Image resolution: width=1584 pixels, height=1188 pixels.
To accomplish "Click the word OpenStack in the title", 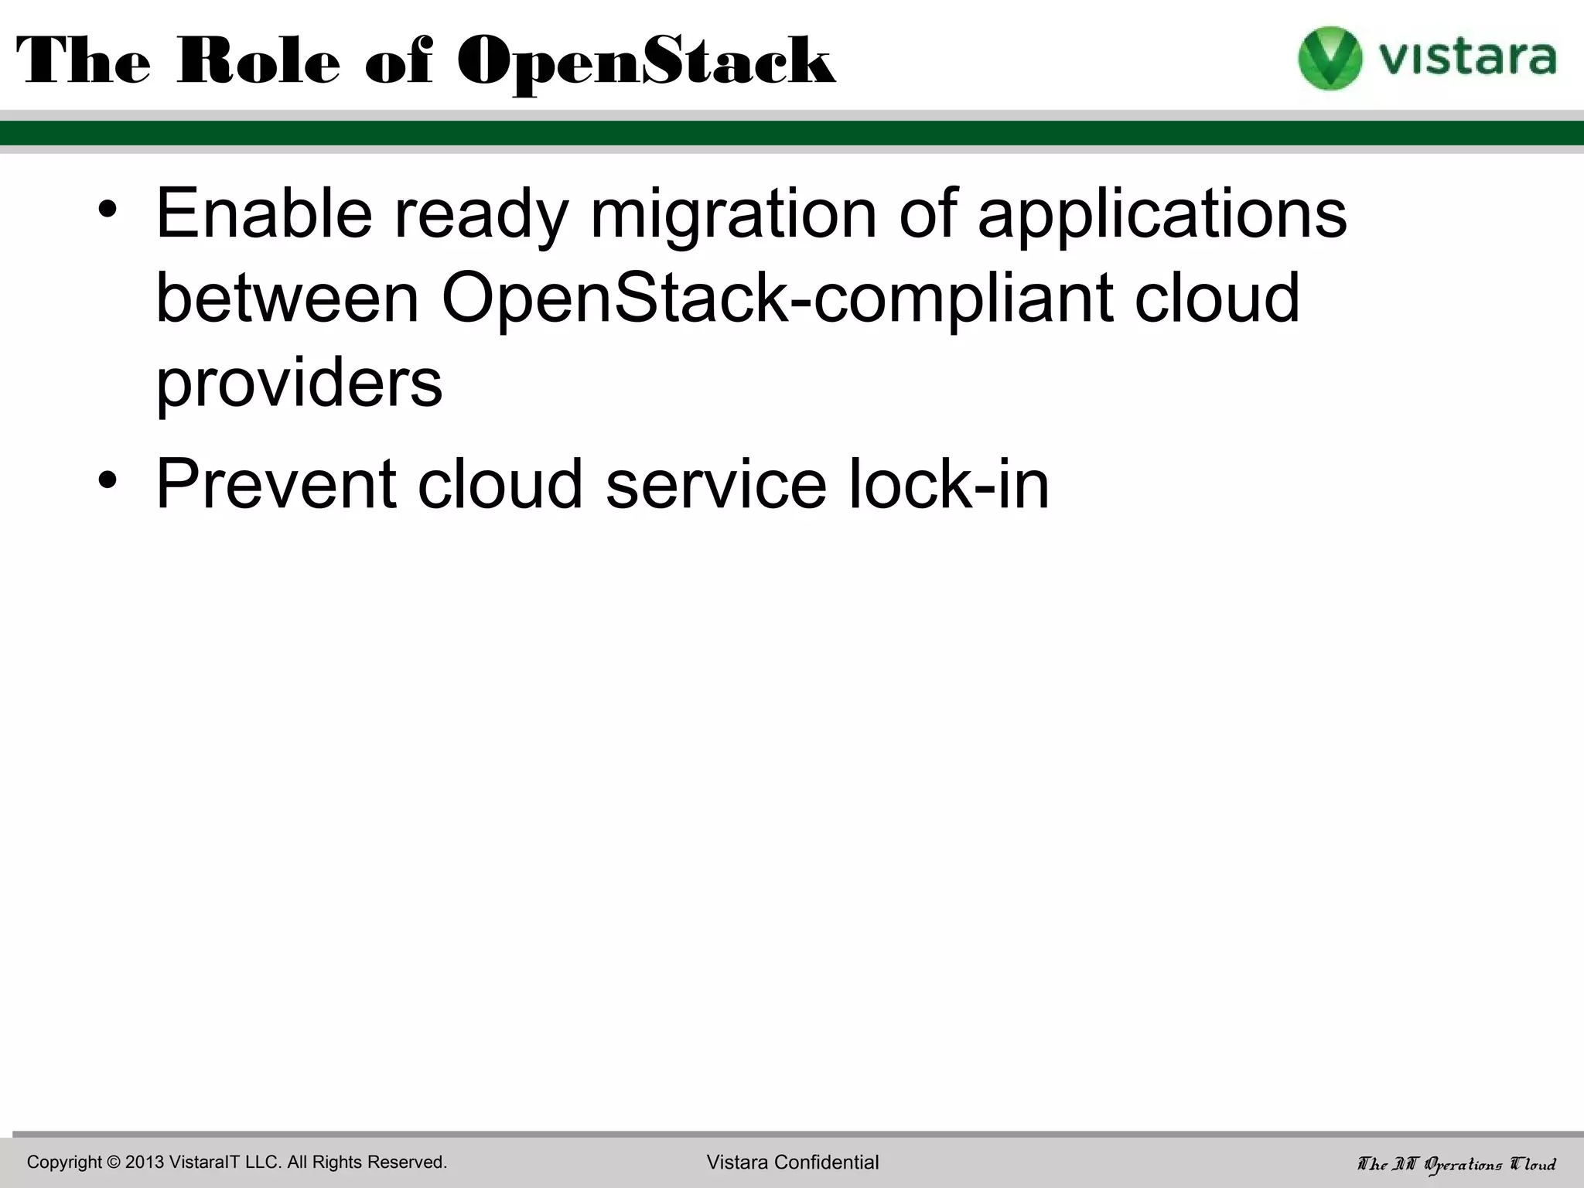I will click(646, 62).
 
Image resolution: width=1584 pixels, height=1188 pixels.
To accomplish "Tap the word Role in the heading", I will click(258, 62).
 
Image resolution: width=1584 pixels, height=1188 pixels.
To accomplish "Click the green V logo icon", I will click(1330, 58).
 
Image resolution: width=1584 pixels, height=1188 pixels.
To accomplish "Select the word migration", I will click(732, 215).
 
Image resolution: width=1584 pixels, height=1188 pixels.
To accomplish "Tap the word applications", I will click(1162, 215).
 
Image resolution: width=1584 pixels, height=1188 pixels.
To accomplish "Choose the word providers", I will click(299, 384).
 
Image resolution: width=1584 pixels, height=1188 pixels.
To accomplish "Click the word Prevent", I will click(276, 484).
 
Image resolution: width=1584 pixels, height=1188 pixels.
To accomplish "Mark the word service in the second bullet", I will click(716, 484).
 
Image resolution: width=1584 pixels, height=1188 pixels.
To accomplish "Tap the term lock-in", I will click(949, 484).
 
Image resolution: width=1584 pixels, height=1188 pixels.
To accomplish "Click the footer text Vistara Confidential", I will click(793, 1162).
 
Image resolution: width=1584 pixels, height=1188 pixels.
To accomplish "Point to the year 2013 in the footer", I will click(145, 1162).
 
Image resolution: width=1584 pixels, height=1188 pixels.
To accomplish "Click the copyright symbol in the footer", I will click(114, 1162).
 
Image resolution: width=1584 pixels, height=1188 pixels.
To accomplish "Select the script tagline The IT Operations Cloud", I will click(1457, 1164).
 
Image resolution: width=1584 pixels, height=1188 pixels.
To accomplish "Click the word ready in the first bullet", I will click(481, 215).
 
